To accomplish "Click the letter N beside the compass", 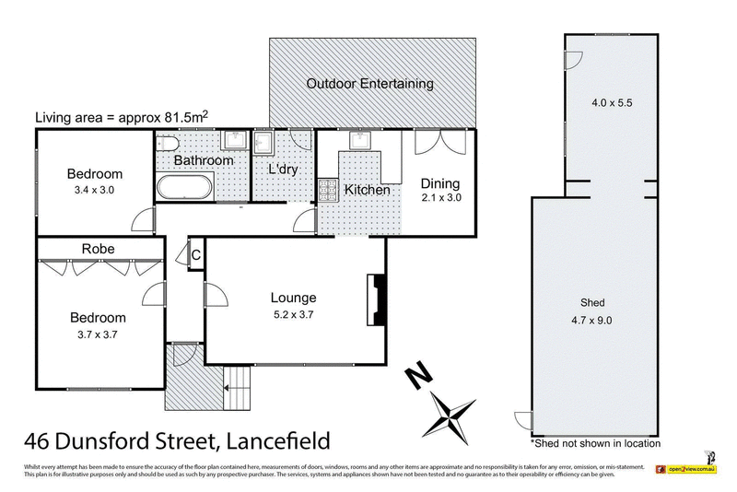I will [420, 376].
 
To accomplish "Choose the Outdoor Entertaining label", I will [369, 84].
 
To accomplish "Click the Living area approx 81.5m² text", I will [121, 117].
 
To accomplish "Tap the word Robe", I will [98, 248].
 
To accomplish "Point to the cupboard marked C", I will [195, 255].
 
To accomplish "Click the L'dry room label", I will [284, 170].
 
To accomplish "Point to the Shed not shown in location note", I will [595, 443].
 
